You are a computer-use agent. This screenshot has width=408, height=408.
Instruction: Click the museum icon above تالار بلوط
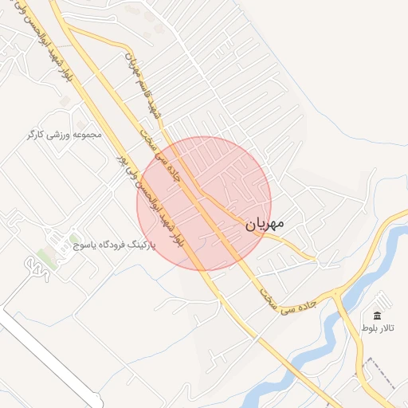[377, 316]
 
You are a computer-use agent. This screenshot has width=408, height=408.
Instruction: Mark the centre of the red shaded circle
[204, 203]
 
